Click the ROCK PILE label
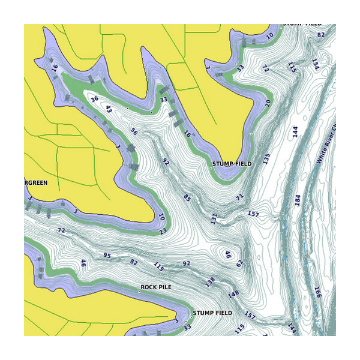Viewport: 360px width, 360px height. [156, 287]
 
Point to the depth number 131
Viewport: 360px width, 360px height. [213, 219]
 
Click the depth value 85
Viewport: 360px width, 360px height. [187, 197]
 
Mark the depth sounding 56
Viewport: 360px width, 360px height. [134, 132]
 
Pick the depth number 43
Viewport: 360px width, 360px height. [109, 109]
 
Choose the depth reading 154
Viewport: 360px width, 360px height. [315, 64]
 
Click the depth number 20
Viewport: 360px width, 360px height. [268, 103]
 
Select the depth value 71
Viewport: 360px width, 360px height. [240, 196]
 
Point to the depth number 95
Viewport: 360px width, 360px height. [107, 256]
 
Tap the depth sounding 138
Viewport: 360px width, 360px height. [210, 281]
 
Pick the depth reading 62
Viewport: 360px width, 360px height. [239, 263]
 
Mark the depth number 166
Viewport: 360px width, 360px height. [317, 292]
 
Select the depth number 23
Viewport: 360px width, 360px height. [163, 231]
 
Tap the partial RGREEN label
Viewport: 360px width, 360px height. [36, 182]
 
